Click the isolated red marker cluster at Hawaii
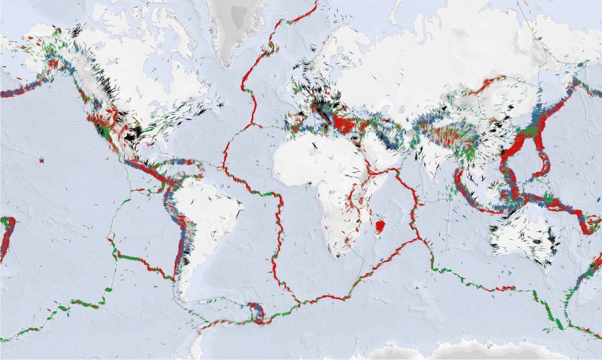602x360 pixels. [x=41, y=161]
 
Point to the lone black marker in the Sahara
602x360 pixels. [x=315, y=145]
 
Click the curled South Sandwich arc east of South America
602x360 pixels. [x=259, y=313]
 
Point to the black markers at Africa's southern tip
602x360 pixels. [x=338, y=254]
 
